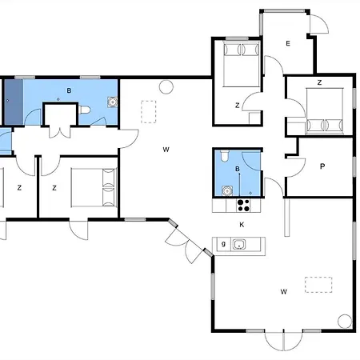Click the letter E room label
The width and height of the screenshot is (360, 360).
click(x=288, y=43)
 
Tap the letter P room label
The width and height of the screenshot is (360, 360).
click(x=322, y=166)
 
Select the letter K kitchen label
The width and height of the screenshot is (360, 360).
click(x=242, y=225)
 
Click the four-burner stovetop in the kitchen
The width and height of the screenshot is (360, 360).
click(x=243, y=206)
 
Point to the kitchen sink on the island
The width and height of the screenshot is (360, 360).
click(x=239, y=244)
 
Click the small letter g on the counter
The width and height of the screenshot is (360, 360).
click(x=223, y=243)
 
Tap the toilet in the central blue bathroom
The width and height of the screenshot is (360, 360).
click(x=225, y=156)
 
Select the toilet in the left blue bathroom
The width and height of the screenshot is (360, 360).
click(x=85, y=110)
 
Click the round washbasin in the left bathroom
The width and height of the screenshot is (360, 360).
click(x=113, y=102)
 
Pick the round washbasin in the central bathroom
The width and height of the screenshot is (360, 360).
click(x=227, y=191)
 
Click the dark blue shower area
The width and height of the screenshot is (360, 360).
click(x=14, y=102)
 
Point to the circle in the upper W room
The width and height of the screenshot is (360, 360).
click(x=166, y=87)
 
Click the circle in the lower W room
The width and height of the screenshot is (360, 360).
click(x=345, y=322)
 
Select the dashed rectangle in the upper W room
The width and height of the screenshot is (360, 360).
click(x=149, y=112)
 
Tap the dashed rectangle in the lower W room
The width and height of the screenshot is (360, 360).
click(x=318, y=285)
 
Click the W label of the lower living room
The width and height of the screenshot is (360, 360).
click(x=283, y=291)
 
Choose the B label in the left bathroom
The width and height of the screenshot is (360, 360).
click(x=69, y=90)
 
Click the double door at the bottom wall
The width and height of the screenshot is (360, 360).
click(x=284, y=341)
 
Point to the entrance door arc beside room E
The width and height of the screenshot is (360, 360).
click(x=319, y=23)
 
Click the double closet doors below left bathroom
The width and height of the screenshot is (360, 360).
click(x=60, y=131)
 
